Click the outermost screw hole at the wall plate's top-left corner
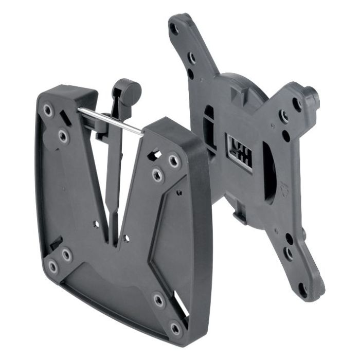click(x=48, y=110)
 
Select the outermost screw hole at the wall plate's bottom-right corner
click(x=175, y=327)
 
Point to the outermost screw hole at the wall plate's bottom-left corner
click(x=52, y=266)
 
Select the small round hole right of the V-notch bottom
click(x=125, y=238)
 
